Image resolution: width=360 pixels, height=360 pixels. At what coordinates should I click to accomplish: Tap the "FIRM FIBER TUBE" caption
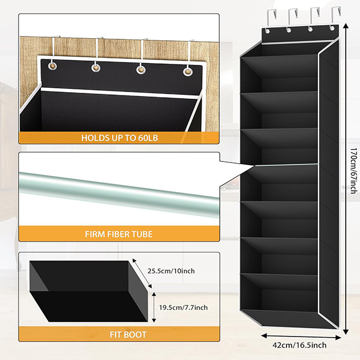[x=118, y=234]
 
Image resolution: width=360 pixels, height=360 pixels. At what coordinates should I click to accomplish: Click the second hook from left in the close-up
[x=98, y=52]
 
